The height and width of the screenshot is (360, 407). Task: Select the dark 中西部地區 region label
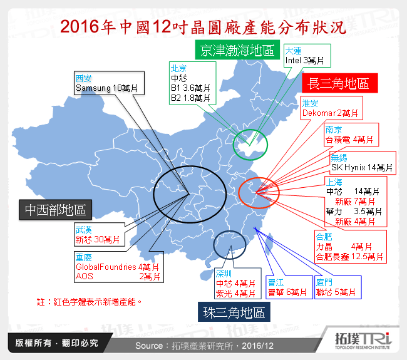click(x=56, y=210)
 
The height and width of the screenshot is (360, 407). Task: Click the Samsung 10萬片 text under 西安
click(x=106, y=88)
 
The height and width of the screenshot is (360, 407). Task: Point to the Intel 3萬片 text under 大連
click(x=304, y=61)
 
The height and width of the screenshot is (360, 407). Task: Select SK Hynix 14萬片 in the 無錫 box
click(x=363, y=167)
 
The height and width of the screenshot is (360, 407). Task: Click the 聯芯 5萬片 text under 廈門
click(x=336, y=292)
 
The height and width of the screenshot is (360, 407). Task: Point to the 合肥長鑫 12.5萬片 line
click(x=349, y=256)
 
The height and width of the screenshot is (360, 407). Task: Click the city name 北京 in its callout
click(x=179, y=68)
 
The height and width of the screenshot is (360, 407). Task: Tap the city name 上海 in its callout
click(x=334, y=180)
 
